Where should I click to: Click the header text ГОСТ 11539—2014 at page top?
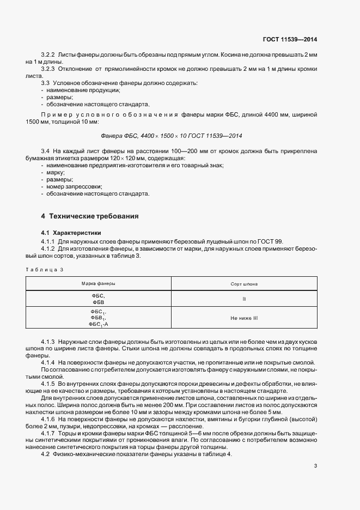click(290, 39)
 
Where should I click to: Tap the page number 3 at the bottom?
click(316, 466)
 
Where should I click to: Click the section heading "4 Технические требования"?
click(86, 216)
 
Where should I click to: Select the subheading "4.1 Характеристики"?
click(69, 233)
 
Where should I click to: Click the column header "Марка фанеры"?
click(98, 284)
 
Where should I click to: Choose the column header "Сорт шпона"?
click(244, 284)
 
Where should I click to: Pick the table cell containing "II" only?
click(244, 299)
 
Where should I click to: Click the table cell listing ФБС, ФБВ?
click(98, 299)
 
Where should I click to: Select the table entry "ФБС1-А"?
click(98, 324)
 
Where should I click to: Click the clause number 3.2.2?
click(48, 55)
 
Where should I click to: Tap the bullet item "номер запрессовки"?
click(71, 186)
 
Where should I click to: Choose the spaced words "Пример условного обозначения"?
click(109, 114)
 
